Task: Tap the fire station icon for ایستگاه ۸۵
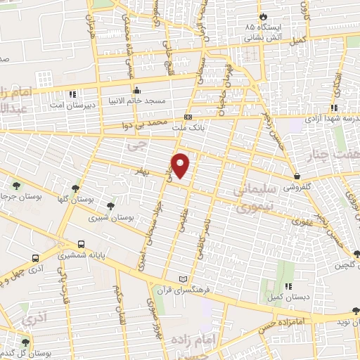(262, 15)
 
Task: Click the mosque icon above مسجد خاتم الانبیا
(137, 91)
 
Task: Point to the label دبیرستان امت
(72, 105)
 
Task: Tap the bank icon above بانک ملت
(188, 116)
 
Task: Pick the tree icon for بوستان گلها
(75, 187)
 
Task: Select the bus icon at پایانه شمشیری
(82, 245)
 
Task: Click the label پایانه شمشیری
(82, 256)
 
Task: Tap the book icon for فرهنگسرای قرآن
(184, 278)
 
